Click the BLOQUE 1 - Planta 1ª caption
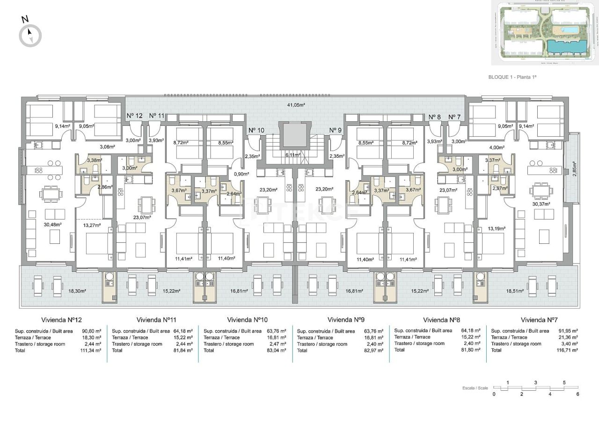[512, 77]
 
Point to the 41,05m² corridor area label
[296, 105]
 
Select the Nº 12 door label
[134, 116]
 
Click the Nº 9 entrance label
[335, 130]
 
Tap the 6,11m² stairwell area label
[293, 154]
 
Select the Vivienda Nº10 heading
[247, 320]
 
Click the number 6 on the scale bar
[578, 394]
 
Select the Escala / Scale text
[475, 388]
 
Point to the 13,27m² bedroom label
[92, 225]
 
